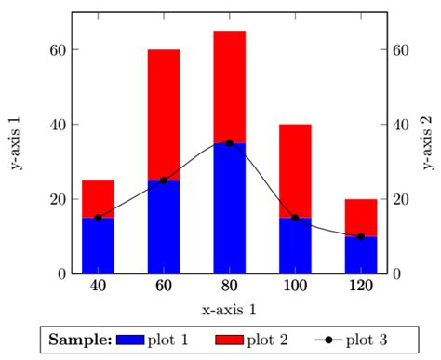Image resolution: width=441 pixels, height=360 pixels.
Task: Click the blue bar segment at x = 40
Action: [x=98, y=246]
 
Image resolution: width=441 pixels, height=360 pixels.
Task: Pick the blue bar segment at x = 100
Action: [x=295, y=246]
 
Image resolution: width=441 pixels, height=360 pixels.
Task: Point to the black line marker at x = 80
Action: [x=229, y=143]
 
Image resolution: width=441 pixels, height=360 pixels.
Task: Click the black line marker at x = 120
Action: [x=361, y=236]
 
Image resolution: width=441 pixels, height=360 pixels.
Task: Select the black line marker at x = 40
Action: [x=98, y=218]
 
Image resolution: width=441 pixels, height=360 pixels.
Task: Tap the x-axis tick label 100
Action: [x=295, y=287]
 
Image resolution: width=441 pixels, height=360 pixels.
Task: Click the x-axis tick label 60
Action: [x=164, y=287]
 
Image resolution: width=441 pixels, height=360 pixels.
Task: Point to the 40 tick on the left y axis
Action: [x=55, y=125]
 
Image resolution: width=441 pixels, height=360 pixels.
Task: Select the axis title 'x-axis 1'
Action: [x=229, y=309]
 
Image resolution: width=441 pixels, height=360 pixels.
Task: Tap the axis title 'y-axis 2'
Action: [x=427, y=143]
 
